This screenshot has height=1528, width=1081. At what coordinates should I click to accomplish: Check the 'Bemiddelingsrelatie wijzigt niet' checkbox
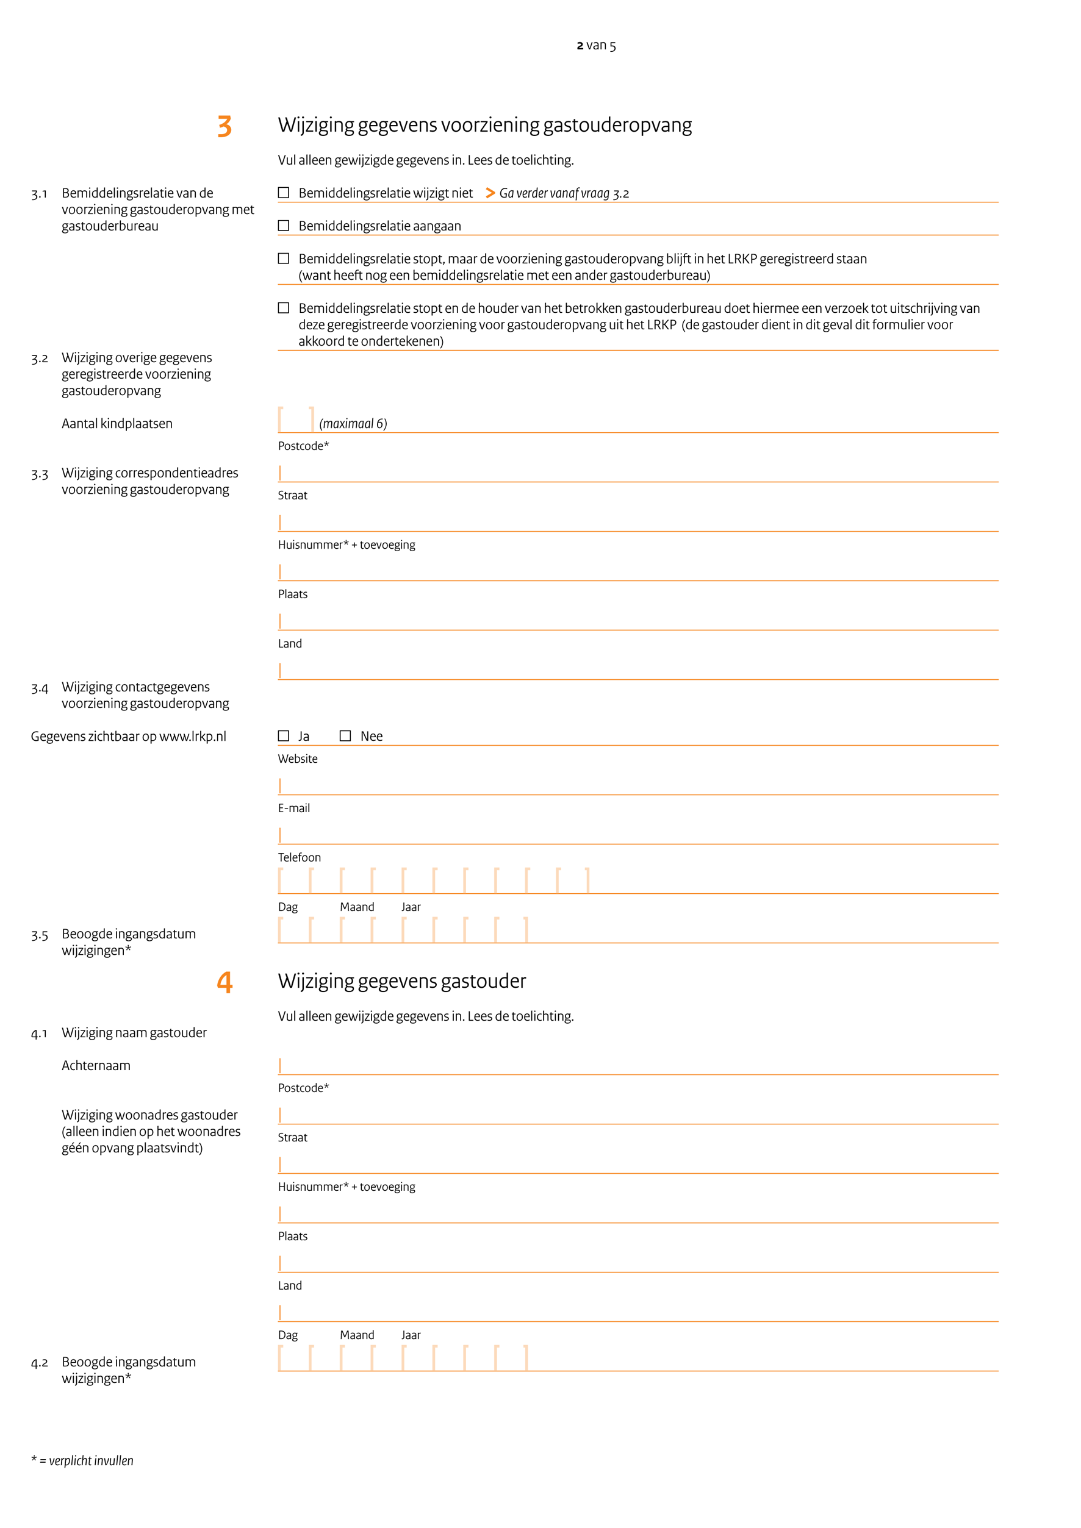[284, 193]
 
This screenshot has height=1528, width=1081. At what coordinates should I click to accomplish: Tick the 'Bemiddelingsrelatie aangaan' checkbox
[284, 226]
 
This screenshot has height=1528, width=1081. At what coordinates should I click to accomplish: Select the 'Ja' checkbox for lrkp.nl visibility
[284, 736]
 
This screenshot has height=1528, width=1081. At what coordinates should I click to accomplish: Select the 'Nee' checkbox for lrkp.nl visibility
[345, 736]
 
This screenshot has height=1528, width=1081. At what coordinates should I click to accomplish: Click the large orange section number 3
[225, 126]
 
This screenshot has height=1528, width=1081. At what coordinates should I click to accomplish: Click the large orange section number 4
[225, 982]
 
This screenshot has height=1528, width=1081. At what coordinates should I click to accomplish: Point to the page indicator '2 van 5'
[596, 45]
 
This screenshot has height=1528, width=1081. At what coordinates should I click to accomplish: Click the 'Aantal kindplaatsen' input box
[295, 420]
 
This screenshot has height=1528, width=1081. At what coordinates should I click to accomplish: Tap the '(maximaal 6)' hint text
[353, 424]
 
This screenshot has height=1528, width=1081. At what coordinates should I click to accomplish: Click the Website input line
[637, 786]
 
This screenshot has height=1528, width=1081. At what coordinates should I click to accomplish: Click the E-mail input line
[637, 835]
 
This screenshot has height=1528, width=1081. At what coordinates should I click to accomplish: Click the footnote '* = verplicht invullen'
[82, 1461]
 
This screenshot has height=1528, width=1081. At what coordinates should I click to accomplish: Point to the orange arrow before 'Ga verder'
[490, 193]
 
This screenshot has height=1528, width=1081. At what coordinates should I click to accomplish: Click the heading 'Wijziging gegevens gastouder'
[401, 982]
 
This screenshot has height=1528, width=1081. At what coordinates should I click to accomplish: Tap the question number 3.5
[39, 936]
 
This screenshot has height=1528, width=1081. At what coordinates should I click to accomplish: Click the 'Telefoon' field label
[299, 858]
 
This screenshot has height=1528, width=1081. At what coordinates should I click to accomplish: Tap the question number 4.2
[39, 1363]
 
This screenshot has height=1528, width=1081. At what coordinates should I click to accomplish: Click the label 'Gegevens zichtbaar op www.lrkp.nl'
[129, 737]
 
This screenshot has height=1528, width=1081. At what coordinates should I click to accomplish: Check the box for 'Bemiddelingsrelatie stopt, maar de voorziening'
[284, 259]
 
